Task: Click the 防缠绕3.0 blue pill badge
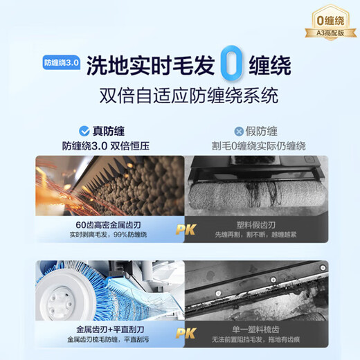(61, 62)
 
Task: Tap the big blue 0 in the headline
(234, 63)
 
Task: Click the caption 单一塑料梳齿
(260, 330)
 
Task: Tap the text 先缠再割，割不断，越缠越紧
(260, 235)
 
